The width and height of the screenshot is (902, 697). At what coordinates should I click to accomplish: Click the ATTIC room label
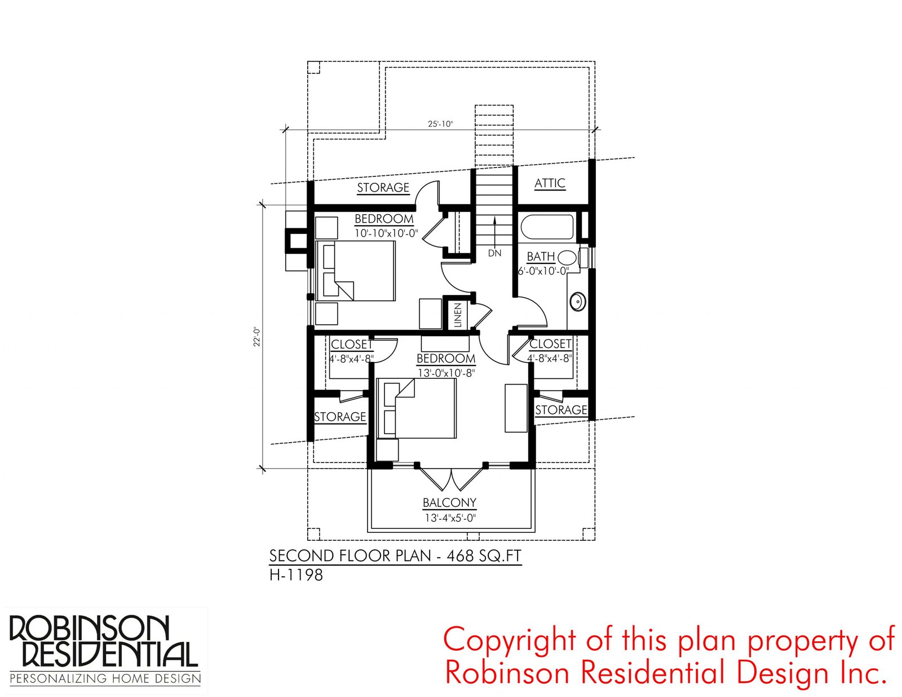coord(550,183)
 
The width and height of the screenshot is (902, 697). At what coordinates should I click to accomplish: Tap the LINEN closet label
coord(458,315)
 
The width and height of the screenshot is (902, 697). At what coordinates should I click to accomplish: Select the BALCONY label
coord(449,502)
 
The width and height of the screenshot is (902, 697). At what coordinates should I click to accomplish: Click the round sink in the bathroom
coord(577,302)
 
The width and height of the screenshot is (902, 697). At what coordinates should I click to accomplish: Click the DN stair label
coord(494,253)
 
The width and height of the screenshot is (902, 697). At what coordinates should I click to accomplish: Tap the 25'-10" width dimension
coord(440,123)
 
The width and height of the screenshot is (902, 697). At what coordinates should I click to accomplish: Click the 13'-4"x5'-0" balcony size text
coord(449,518)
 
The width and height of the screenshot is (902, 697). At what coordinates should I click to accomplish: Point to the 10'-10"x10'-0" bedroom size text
coord(386,233)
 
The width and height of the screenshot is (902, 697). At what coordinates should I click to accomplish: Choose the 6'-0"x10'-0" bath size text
coord(543,271)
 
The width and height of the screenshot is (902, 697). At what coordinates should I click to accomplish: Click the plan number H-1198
coord(296,575)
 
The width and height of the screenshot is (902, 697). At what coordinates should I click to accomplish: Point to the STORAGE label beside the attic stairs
coord(383,188)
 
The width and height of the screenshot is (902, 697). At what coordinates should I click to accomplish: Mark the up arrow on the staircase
coord(495,231)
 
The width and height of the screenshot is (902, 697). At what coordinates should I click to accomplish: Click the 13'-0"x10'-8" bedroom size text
coord(446,373)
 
